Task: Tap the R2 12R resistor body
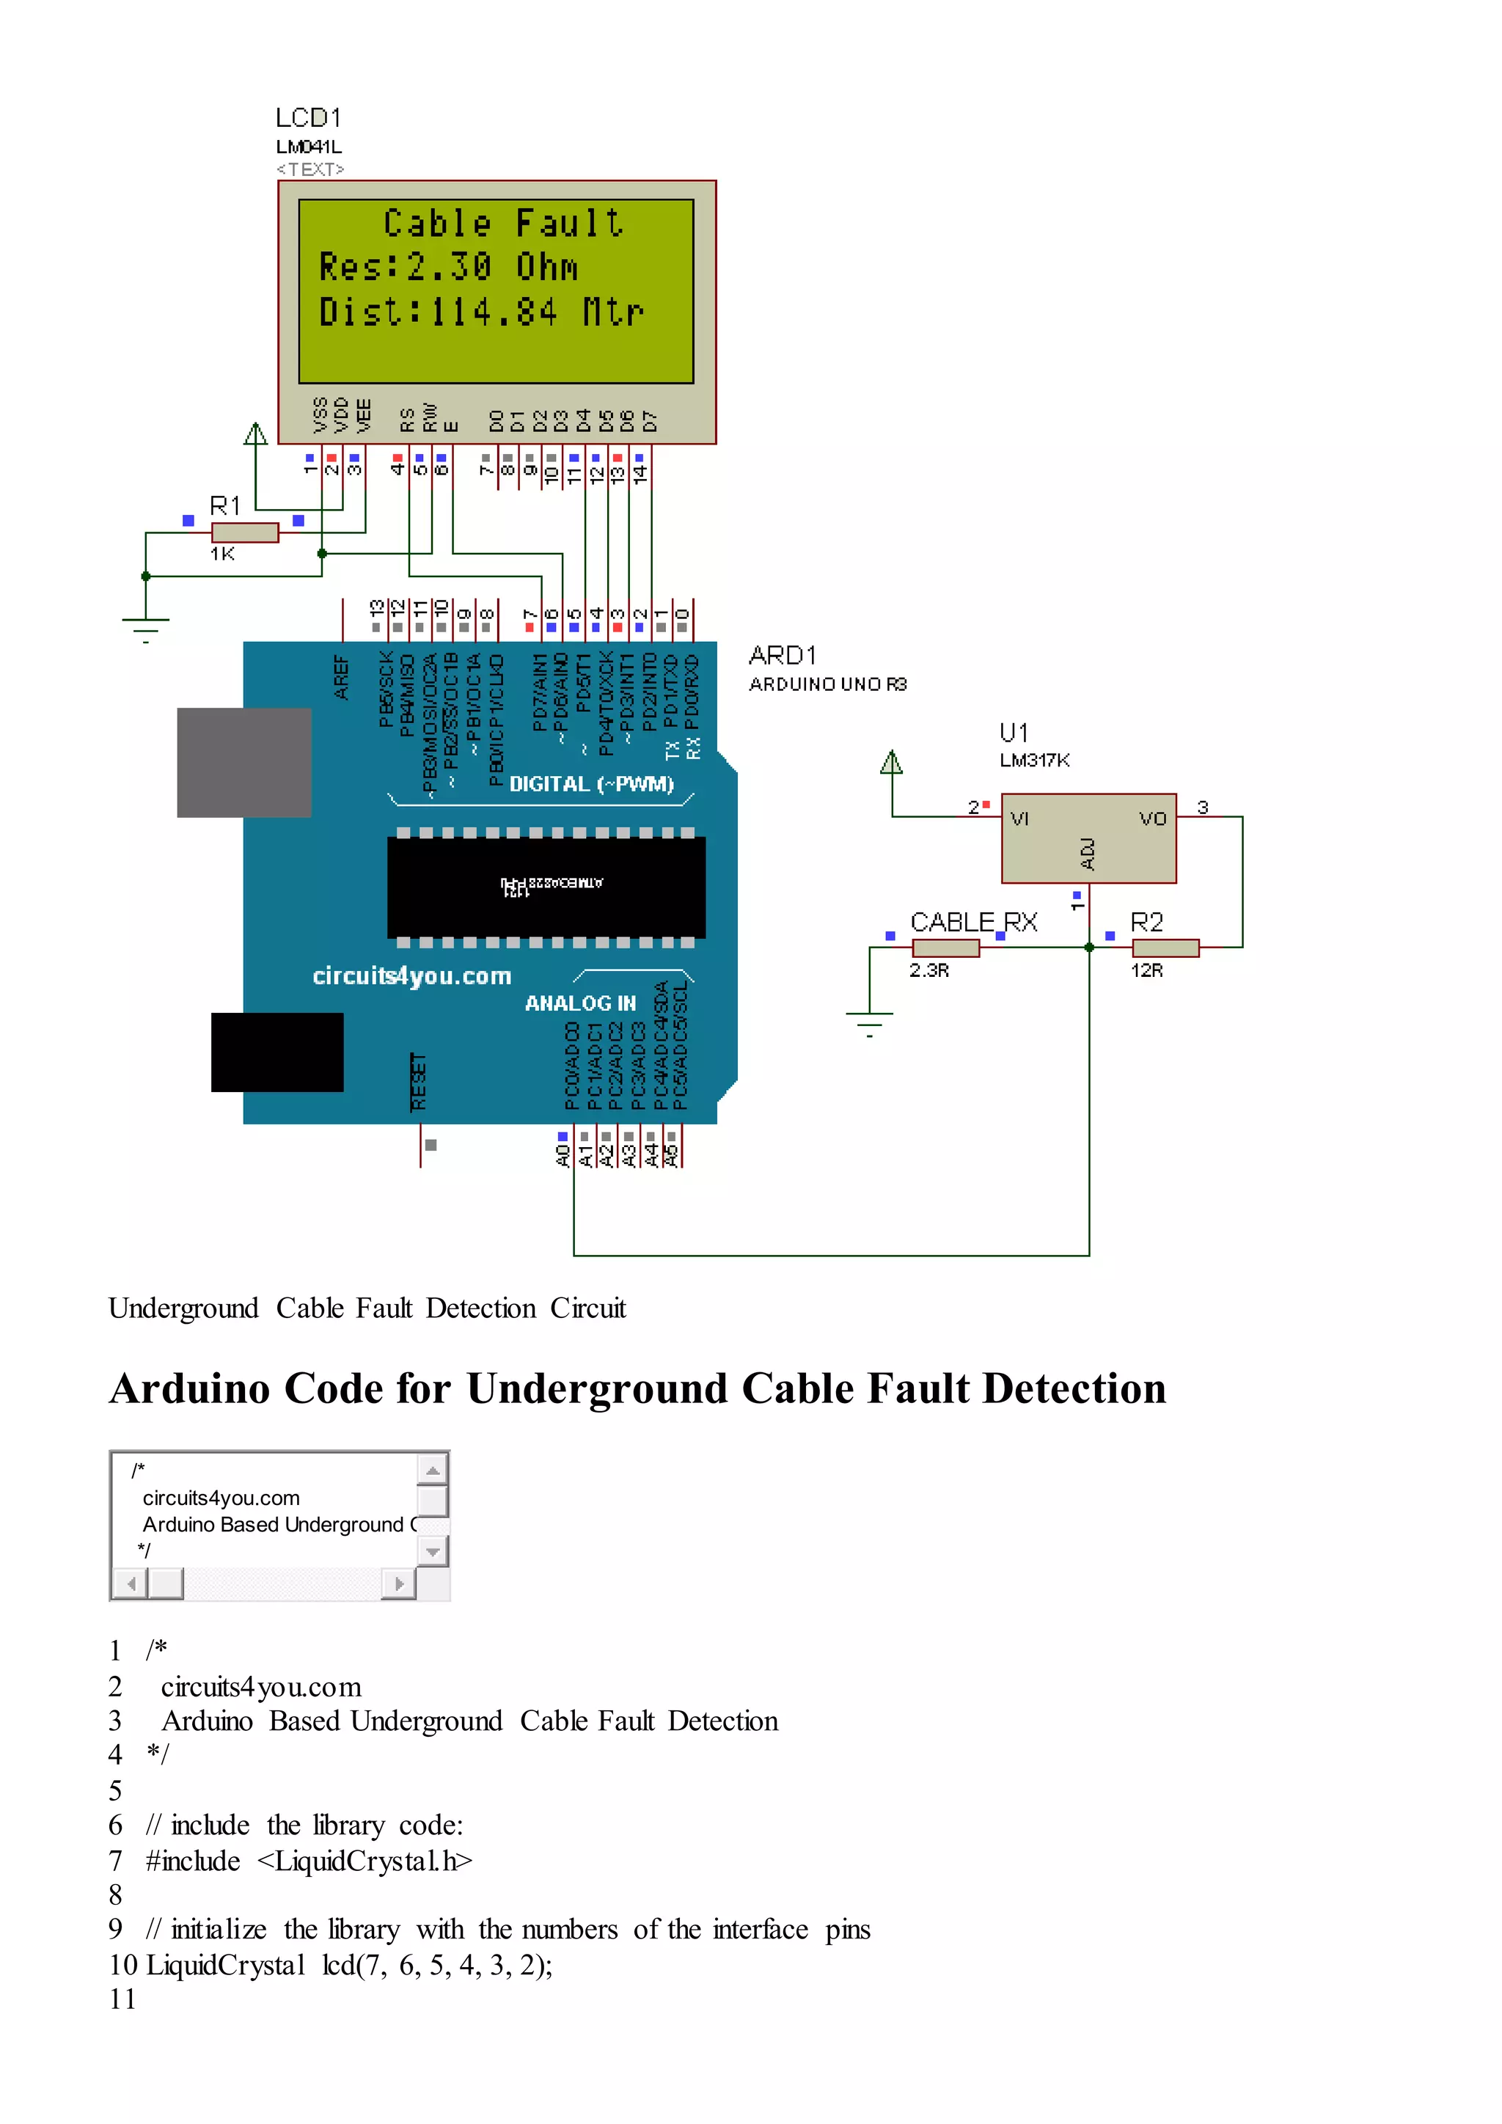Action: pos(1165,948)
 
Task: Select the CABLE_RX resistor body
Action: pos(945,948)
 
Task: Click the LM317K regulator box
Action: pos(1088,837)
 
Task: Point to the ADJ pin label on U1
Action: pos(1088,854)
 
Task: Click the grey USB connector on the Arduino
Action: pos(244,762)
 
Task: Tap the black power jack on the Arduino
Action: pos(276,1052)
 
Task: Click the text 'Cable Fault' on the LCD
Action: pos(503,223)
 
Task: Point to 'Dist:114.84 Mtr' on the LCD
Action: pos(481,312)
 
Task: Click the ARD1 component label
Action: pos(783,656)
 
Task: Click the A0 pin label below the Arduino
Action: pos(563,1155)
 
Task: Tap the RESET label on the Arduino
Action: pos(418,1081)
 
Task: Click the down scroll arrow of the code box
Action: pos(432,1551)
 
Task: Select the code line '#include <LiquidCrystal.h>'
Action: pos(309,1861)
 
